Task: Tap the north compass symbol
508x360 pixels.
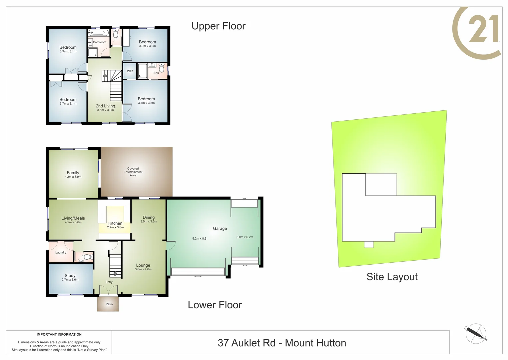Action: pos(476,333)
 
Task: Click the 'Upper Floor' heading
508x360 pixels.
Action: pos(218,26)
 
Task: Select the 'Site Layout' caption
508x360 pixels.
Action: pos(392,277)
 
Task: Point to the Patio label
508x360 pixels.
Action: pos(109,304)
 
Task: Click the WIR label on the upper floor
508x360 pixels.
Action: pos(130,71)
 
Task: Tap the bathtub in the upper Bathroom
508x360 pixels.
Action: pos(99,33)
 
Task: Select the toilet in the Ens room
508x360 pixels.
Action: pos(162,68)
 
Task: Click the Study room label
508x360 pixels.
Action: pos(70,275)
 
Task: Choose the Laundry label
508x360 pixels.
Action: pos(61,252)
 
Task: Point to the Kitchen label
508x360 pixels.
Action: pos(115,223)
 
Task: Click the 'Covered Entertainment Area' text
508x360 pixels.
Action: pos(133,172)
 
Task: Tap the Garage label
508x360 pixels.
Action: pos(220,228)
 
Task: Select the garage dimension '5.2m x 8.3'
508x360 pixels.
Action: pos(199,238)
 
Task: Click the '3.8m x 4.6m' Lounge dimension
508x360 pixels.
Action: pos(143,269)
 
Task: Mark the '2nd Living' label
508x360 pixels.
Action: pos(105,106)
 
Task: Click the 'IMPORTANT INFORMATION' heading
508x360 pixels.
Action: pos(59,334)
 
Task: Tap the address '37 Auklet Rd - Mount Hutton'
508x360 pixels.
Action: pos(282,343)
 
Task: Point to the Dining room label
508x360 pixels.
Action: pos(149,217)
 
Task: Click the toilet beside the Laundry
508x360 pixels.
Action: pos(87,257)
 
